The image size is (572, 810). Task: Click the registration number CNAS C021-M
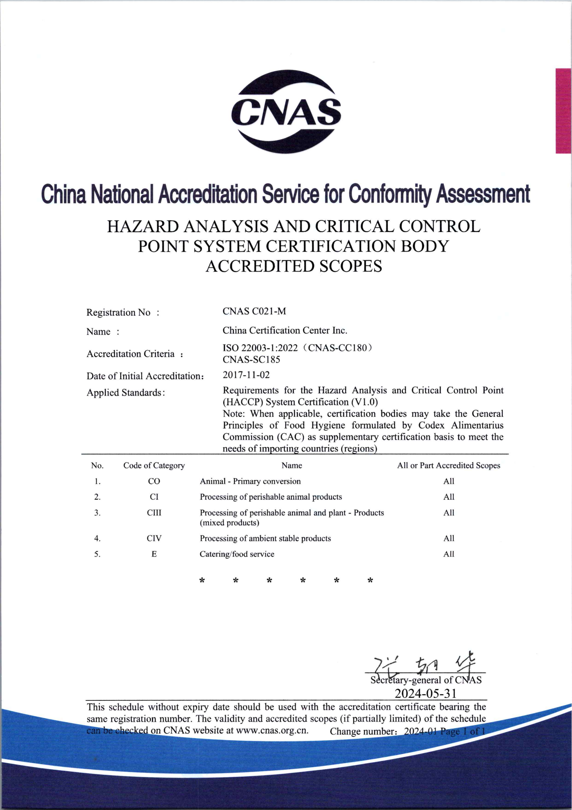pos(254,311)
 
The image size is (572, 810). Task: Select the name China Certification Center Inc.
pos(285,331)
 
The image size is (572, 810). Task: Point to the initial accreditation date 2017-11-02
pos(246,375)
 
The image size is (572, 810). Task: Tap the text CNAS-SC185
pos(251,359)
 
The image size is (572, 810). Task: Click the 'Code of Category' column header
pos(154,466)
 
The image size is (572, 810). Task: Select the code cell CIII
pos(154,512)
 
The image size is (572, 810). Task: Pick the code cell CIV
pos(154,538)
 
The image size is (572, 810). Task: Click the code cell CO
pos(154,481)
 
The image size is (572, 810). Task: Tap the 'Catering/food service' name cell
pos(237,554)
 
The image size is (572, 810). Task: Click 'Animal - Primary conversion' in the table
pos(250,481)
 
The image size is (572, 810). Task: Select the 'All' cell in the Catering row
pos(449,554)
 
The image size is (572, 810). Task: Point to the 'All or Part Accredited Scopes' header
pos(449,466)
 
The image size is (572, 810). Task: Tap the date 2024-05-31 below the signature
pos(425,694)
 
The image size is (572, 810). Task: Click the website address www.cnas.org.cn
pos(272,730)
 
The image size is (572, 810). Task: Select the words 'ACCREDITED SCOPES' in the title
pos(294,266)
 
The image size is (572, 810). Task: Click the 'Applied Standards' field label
pos(125,393)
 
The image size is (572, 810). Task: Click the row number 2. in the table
pos(97,497)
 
